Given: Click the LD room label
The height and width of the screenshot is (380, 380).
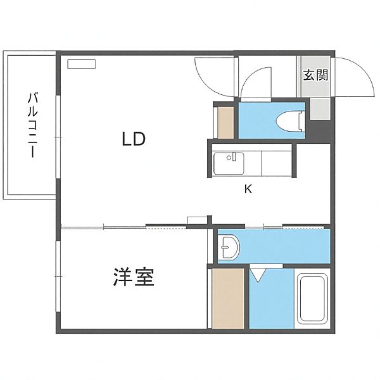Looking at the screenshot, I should (x=134, y=139).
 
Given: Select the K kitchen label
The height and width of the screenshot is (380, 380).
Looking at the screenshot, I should (x=249, y=188).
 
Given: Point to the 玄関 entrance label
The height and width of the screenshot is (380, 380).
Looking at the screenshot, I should (x=315, y=75).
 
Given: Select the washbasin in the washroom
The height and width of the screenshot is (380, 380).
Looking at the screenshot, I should (x=230, y=247).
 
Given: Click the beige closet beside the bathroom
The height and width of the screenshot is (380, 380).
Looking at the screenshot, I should (x=228, y=298).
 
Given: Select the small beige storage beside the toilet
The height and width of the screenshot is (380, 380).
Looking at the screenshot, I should (x=225, y=122).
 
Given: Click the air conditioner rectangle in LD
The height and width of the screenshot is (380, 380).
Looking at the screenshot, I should (x=81, y=63).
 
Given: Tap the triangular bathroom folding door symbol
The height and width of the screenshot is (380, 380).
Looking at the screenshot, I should (x=258, y=275).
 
